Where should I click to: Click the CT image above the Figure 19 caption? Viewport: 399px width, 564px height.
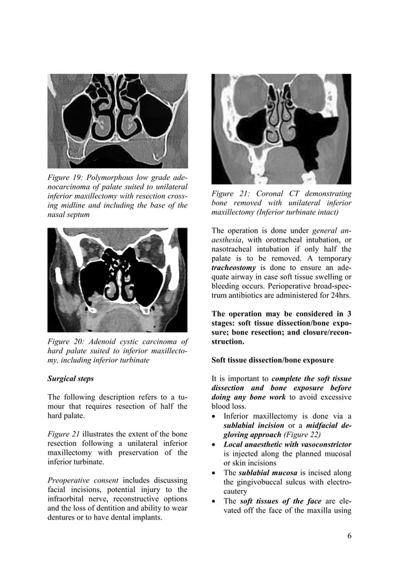(x=118, y=121)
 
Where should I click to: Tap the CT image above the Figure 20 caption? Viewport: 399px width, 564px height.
(x=118, y=279)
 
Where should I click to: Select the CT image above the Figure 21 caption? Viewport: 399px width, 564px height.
(x=281, y=129)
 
